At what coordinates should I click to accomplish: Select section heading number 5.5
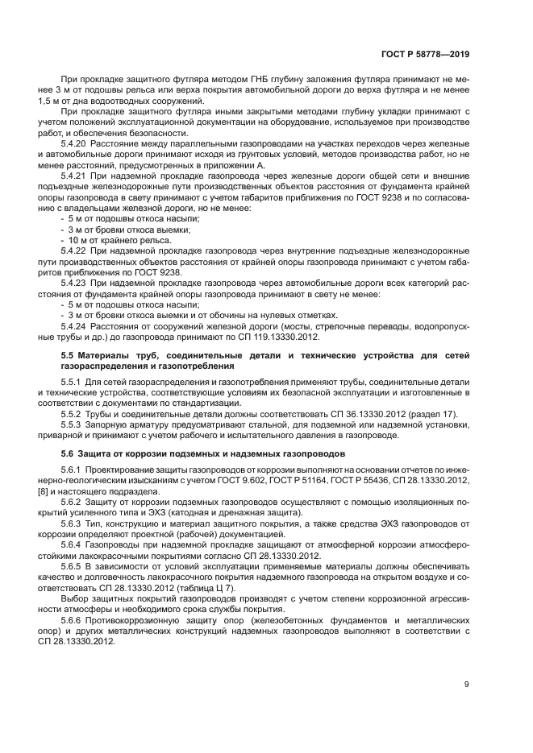pyautogui.click(x=69, y=356)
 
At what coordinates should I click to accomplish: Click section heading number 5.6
pyautogui.click(x=69, y=453)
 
